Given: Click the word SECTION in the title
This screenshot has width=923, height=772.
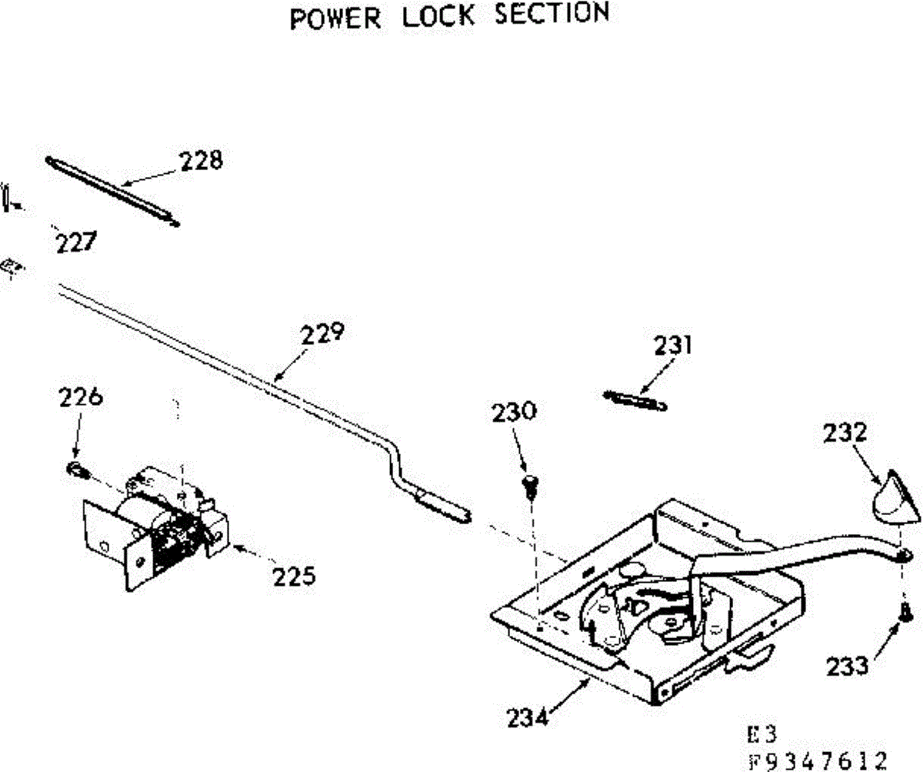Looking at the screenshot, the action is (552, 13).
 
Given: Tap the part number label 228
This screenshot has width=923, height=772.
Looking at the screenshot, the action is (202, 160).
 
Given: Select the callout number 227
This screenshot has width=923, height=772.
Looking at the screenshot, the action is (76, 242).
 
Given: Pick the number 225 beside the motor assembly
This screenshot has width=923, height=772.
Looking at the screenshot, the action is (294, 576).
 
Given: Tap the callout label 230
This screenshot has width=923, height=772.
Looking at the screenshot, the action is (514, 411).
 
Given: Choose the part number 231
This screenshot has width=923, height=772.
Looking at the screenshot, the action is (673, 346).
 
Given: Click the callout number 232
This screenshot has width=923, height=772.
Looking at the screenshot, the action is (845, 433).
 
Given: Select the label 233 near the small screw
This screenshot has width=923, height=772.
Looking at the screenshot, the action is (848, 666).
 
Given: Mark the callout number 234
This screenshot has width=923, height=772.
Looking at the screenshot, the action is (528, 717).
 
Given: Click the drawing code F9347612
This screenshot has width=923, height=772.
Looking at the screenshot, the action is (818, 760).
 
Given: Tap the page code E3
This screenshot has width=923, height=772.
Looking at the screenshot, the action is (761, 734).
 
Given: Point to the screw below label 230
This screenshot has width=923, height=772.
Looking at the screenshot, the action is (530, 486).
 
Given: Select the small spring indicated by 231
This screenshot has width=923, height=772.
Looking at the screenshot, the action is (635, 400).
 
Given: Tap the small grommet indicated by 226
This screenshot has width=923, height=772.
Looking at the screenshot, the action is (78, 470).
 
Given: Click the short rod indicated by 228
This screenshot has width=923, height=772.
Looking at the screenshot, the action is (112, 191).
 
